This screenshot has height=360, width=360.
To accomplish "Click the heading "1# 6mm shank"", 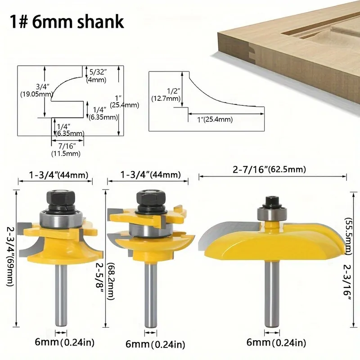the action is pos(67,22).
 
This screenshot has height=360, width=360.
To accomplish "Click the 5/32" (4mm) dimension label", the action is pos(97,76).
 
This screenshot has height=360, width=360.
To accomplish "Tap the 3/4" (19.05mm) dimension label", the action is pos(37,90).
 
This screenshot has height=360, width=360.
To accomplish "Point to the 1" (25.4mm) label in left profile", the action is pos(125,101).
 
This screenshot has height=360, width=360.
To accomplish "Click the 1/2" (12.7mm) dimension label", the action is pos(166,94).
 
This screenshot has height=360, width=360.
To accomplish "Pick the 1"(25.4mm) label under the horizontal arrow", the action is pos(215,119).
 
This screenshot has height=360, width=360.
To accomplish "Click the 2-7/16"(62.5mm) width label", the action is pos(269,170).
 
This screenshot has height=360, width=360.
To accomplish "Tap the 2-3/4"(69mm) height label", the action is pos(10,256).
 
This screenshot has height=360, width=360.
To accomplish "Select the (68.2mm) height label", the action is pos(111,281).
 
